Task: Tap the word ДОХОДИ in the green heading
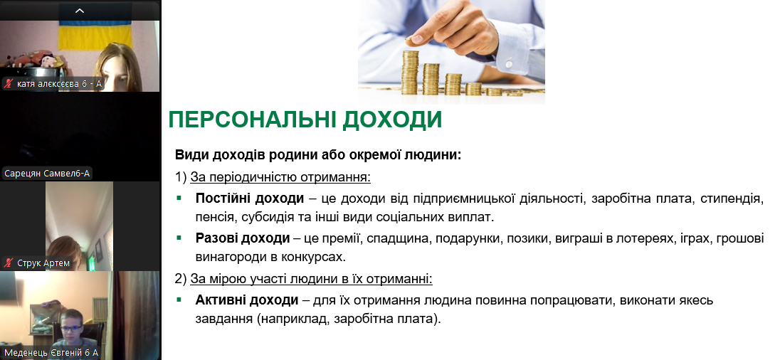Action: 391,120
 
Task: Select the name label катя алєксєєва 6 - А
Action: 59,84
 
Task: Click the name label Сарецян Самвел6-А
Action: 47,174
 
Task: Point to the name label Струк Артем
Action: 43,263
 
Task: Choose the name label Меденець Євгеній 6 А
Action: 51,353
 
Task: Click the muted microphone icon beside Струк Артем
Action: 9,263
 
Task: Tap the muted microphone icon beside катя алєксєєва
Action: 9,84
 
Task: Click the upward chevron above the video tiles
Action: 80,11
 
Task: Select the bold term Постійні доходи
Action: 250,198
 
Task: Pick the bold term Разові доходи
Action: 243,238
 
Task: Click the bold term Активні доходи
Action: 247,300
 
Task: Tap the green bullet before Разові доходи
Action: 179,238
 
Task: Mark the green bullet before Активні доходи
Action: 179,300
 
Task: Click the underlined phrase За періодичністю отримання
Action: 280,176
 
